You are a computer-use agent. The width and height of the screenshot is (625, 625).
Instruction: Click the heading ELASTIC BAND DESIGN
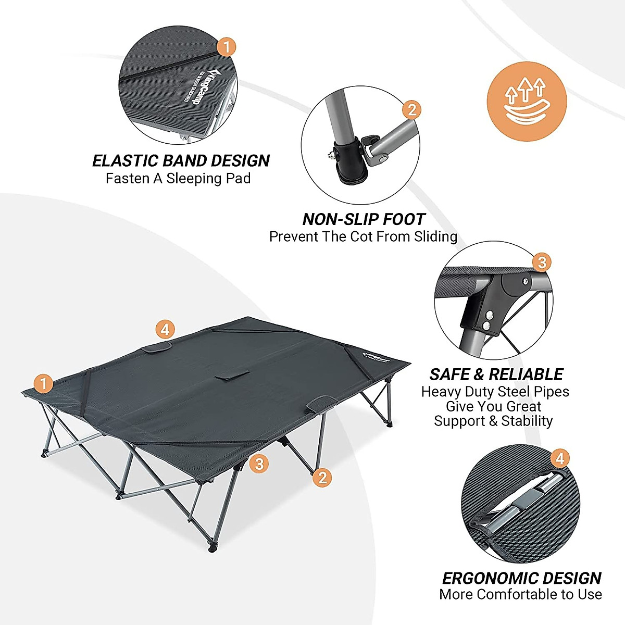pos(181,160)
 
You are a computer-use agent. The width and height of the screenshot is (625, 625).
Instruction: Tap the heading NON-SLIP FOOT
pos(364,219)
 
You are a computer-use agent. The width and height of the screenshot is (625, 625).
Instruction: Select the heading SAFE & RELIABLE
pos(496,374)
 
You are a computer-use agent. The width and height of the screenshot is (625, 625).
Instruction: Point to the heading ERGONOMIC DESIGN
pos(521,578)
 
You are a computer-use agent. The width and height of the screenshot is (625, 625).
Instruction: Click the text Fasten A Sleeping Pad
pos(178,179)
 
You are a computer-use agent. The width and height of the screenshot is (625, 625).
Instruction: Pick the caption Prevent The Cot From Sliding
pos(363,236)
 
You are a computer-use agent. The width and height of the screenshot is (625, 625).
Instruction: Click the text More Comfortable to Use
pos(520,594)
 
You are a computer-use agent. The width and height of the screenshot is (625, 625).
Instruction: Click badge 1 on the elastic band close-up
pos(226,47)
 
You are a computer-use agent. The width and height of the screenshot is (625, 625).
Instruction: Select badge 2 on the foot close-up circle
pos(412,110)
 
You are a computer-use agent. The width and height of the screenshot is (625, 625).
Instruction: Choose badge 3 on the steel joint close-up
pos(542,262)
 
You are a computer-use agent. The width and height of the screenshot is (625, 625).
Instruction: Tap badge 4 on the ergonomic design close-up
pos(559,459)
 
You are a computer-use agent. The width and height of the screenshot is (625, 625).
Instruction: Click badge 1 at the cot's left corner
pos(44,384)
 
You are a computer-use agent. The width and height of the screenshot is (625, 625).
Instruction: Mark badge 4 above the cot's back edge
pos(165,329)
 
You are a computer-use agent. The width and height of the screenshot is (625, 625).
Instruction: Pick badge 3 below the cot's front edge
pos(259,463)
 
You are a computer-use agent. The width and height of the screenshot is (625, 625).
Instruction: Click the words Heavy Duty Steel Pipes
pos(495,392)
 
